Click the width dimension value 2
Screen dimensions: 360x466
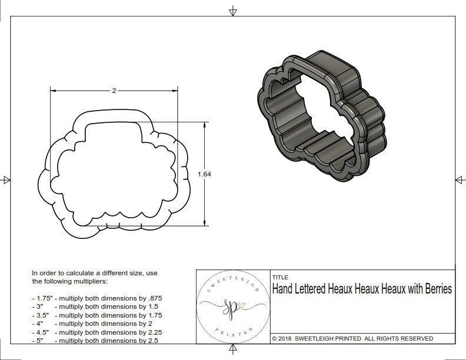(114, 91)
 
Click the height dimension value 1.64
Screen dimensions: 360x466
(204, 174)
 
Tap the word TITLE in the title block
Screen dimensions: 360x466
(280, 277)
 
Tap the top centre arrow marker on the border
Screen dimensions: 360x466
(234, 11)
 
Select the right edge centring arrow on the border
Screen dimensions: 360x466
(460, 179)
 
